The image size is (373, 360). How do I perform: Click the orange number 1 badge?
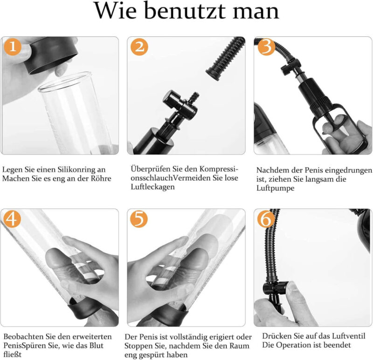click(x=13, y=47)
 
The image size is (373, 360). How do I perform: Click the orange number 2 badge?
click(x=139, y=47)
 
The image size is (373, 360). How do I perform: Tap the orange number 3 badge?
click(x=266, y=47)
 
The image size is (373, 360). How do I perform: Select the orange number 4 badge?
click(x=12, y=219)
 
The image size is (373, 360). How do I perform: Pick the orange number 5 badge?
click(x=139, y=219)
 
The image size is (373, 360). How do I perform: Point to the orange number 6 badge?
click(x=266, y=219)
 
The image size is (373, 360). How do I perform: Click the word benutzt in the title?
click(x=185, y=11)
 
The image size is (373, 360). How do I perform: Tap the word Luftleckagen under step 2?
click(x=153, y=187)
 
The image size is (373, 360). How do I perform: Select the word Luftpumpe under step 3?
click(x=275, y=188)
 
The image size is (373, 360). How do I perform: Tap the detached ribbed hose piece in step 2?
click(x=225, y=59)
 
